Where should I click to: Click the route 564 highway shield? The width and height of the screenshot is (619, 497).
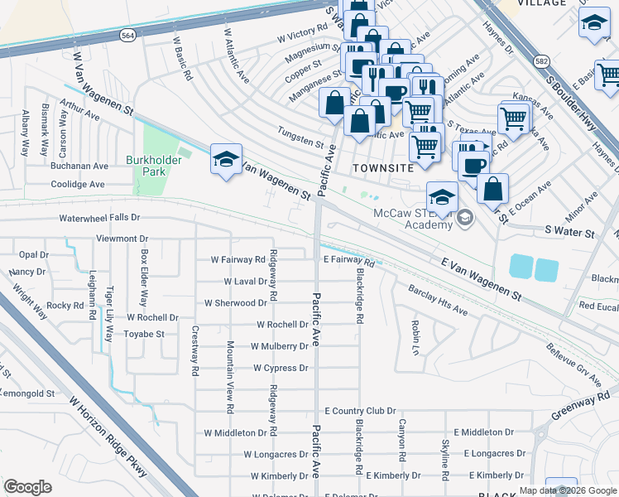point(127,36)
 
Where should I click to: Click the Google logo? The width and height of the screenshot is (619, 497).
point(27,487)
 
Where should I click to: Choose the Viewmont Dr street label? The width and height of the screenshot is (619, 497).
point(122,238)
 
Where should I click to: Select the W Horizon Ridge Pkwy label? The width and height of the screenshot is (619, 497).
point(108,437)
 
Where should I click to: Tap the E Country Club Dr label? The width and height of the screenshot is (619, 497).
point(360,411)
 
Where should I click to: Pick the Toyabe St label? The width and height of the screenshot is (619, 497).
point(145,334)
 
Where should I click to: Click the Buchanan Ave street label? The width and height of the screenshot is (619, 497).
point(79,165)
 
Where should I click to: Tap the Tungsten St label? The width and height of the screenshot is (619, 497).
point(300,143)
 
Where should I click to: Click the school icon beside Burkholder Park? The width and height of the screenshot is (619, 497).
point(225,160)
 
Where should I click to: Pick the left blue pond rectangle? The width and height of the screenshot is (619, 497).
point(521,267)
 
